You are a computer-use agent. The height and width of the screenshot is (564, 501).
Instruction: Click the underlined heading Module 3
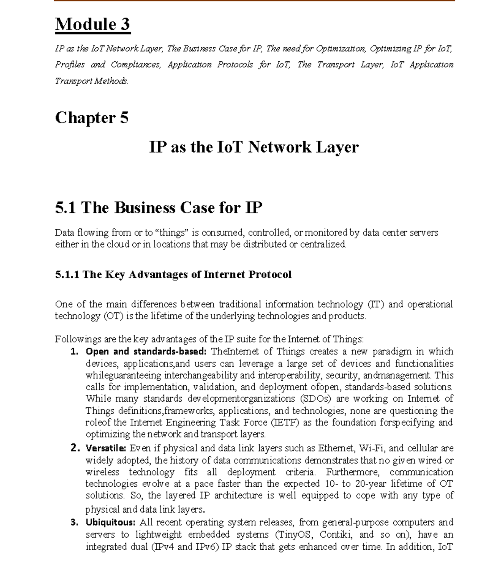93,24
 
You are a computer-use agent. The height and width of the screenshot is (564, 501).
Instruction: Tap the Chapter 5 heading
91,118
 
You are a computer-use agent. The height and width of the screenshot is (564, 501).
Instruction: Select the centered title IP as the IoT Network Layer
254,147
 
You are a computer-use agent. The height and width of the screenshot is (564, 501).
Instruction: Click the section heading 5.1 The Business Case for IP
159,207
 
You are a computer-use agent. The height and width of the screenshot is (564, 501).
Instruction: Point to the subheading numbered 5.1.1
173,274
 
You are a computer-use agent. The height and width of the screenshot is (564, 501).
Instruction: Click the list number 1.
75,352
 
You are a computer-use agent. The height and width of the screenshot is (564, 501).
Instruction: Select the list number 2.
75,448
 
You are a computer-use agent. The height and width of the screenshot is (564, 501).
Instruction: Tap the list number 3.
75,522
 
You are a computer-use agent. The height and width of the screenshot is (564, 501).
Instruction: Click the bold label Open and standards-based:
146,352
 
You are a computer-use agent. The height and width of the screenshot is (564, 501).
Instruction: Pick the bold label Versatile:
106,448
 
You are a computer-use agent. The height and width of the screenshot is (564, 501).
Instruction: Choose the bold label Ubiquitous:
111,522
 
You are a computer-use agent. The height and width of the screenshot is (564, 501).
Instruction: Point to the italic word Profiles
70,65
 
